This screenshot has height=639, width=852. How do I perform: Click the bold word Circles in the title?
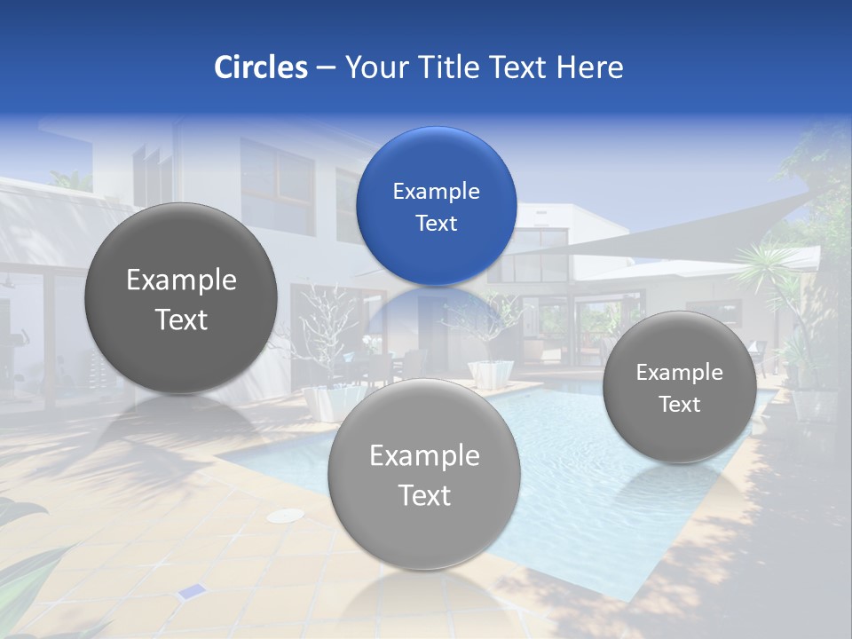pyautogui.click(x=260, y=67)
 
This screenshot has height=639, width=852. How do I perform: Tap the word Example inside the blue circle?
pyautogui.click(x=436, y=192)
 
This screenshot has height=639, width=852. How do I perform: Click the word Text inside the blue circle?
pyautogui.click(x=436, y=224)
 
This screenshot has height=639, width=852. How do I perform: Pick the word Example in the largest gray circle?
pyautogui.click(x=181, y=280)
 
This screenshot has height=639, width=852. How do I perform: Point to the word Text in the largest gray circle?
pyautogui.click(x=181, y=319)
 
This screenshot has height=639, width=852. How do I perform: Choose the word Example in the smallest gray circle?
pyautogui.click(x=679, y=373)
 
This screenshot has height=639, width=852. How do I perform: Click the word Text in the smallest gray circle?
pyautogui.click(x=679, y=405)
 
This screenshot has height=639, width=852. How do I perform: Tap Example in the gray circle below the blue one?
pyautogui.click(x=424, y=456)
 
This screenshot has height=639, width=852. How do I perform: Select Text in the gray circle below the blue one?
pyautogui.click(x=424, y=495)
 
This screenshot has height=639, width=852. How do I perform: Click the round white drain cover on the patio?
pyautogui.click(x=285, y=516)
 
